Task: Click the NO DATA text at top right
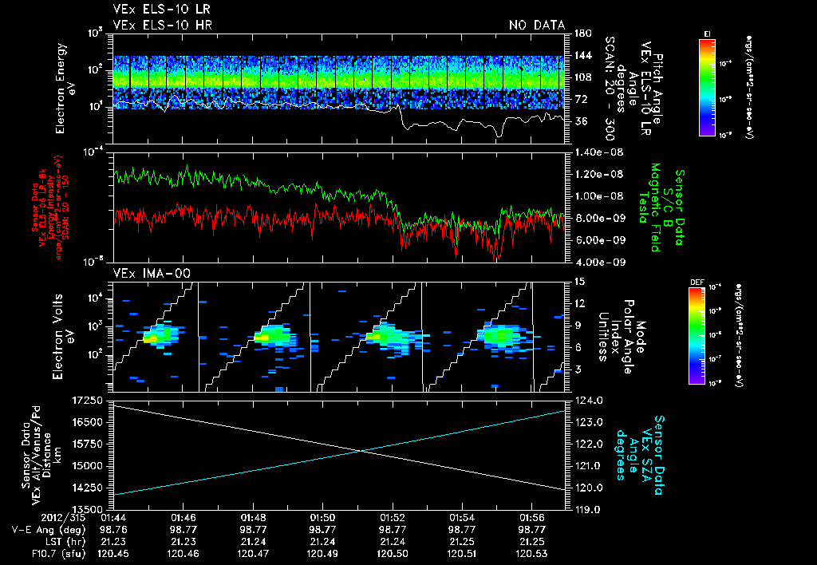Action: click(536, 26)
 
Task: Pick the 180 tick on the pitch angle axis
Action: click(581, 34)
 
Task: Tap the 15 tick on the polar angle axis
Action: click(578, 281)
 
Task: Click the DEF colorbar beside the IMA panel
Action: click(707, 335)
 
